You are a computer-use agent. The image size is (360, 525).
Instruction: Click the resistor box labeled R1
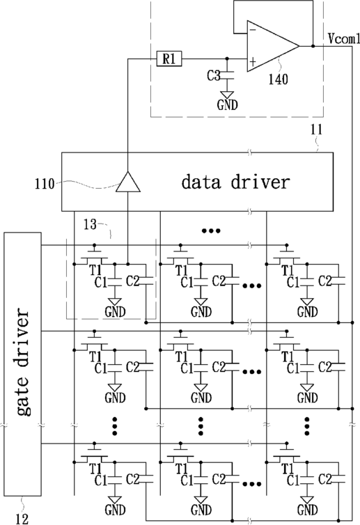[x=169, y=59]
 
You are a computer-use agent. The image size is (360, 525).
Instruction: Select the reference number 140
[x=278, y=79]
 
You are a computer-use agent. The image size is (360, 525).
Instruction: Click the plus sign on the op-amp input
[x=253, y=61]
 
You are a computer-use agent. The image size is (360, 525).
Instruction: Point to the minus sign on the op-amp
[x=253, y=30]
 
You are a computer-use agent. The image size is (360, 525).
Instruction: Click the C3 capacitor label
[x=213, y=76]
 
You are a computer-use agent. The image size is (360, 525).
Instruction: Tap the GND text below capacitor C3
[x=228, y=105]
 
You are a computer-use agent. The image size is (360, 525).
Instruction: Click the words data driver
[x=236, y=182]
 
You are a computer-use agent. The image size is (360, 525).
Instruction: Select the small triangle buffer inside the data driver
[x=128, y=182]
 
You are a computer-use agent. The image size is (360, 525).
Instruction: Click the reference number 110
[x=45, y=184]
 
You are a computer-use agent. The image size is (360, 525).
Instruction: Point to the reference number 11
[x=316, y=130]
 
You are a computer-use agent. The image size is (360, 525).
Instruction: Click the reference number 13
[x=90, y=225]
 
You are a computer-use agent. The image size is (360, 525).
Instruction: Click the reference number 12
[x=22, y=519]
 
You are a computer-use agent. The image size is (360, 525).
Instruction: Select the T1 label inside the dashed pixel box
[x=95, y=270]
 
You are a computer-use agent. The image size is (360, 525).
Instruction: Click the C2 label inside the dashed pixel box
[x=132, y=281]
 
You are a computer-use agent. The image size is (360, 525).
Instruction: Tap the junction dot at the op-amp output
[x=313, y=46]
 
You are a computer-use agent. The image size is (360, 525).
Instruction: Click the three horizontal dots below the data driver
[x=211, y=230]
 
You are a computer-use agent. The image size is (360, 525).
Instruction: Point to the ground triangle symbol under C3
[x=228, y=95]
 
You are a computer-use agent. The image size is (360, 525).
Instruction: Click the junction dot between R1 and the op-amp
[x=227, y=59]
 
